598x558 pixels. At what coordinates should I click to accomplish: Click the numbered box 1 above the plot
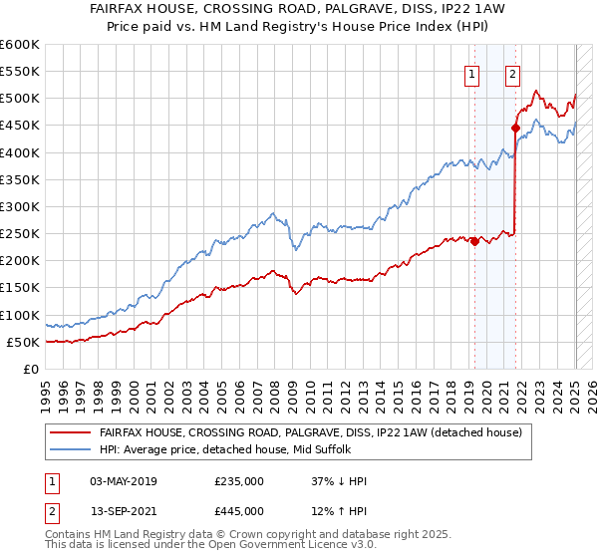tap(470, 73)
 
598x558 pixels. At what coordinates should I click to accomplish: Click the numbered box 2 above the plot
tap(512, 73)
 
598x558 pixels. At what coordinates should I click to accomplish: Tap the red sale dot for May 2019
tap(474, 241)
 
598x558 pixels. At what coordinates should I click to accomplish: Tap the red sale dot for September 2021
tap(516, 128)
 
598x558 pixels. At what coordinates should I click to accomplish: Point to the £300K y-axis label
tap(20, 206)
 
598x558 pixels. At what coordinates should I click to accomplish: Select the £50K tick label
tap(23, 342)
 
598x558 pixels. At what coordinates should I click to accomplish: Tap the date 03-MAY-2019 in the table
tap(124, 481)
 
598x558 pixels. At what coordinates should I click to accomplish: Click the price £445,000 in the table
tap(239, 511)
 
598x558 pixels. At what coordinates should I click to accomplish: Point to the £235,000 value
tap(239, 481)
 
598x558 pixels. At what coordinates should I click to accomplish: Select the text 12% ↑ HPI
tap(339, 511)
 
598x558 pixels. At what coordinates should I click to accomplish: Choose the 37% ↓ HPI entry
tap(339, 481)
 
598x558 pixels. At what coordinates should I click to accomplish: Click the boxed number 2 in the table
tap(51, 511)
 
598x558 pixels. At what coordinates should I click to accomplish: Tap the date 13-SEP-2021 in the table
tap(124, 511)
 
